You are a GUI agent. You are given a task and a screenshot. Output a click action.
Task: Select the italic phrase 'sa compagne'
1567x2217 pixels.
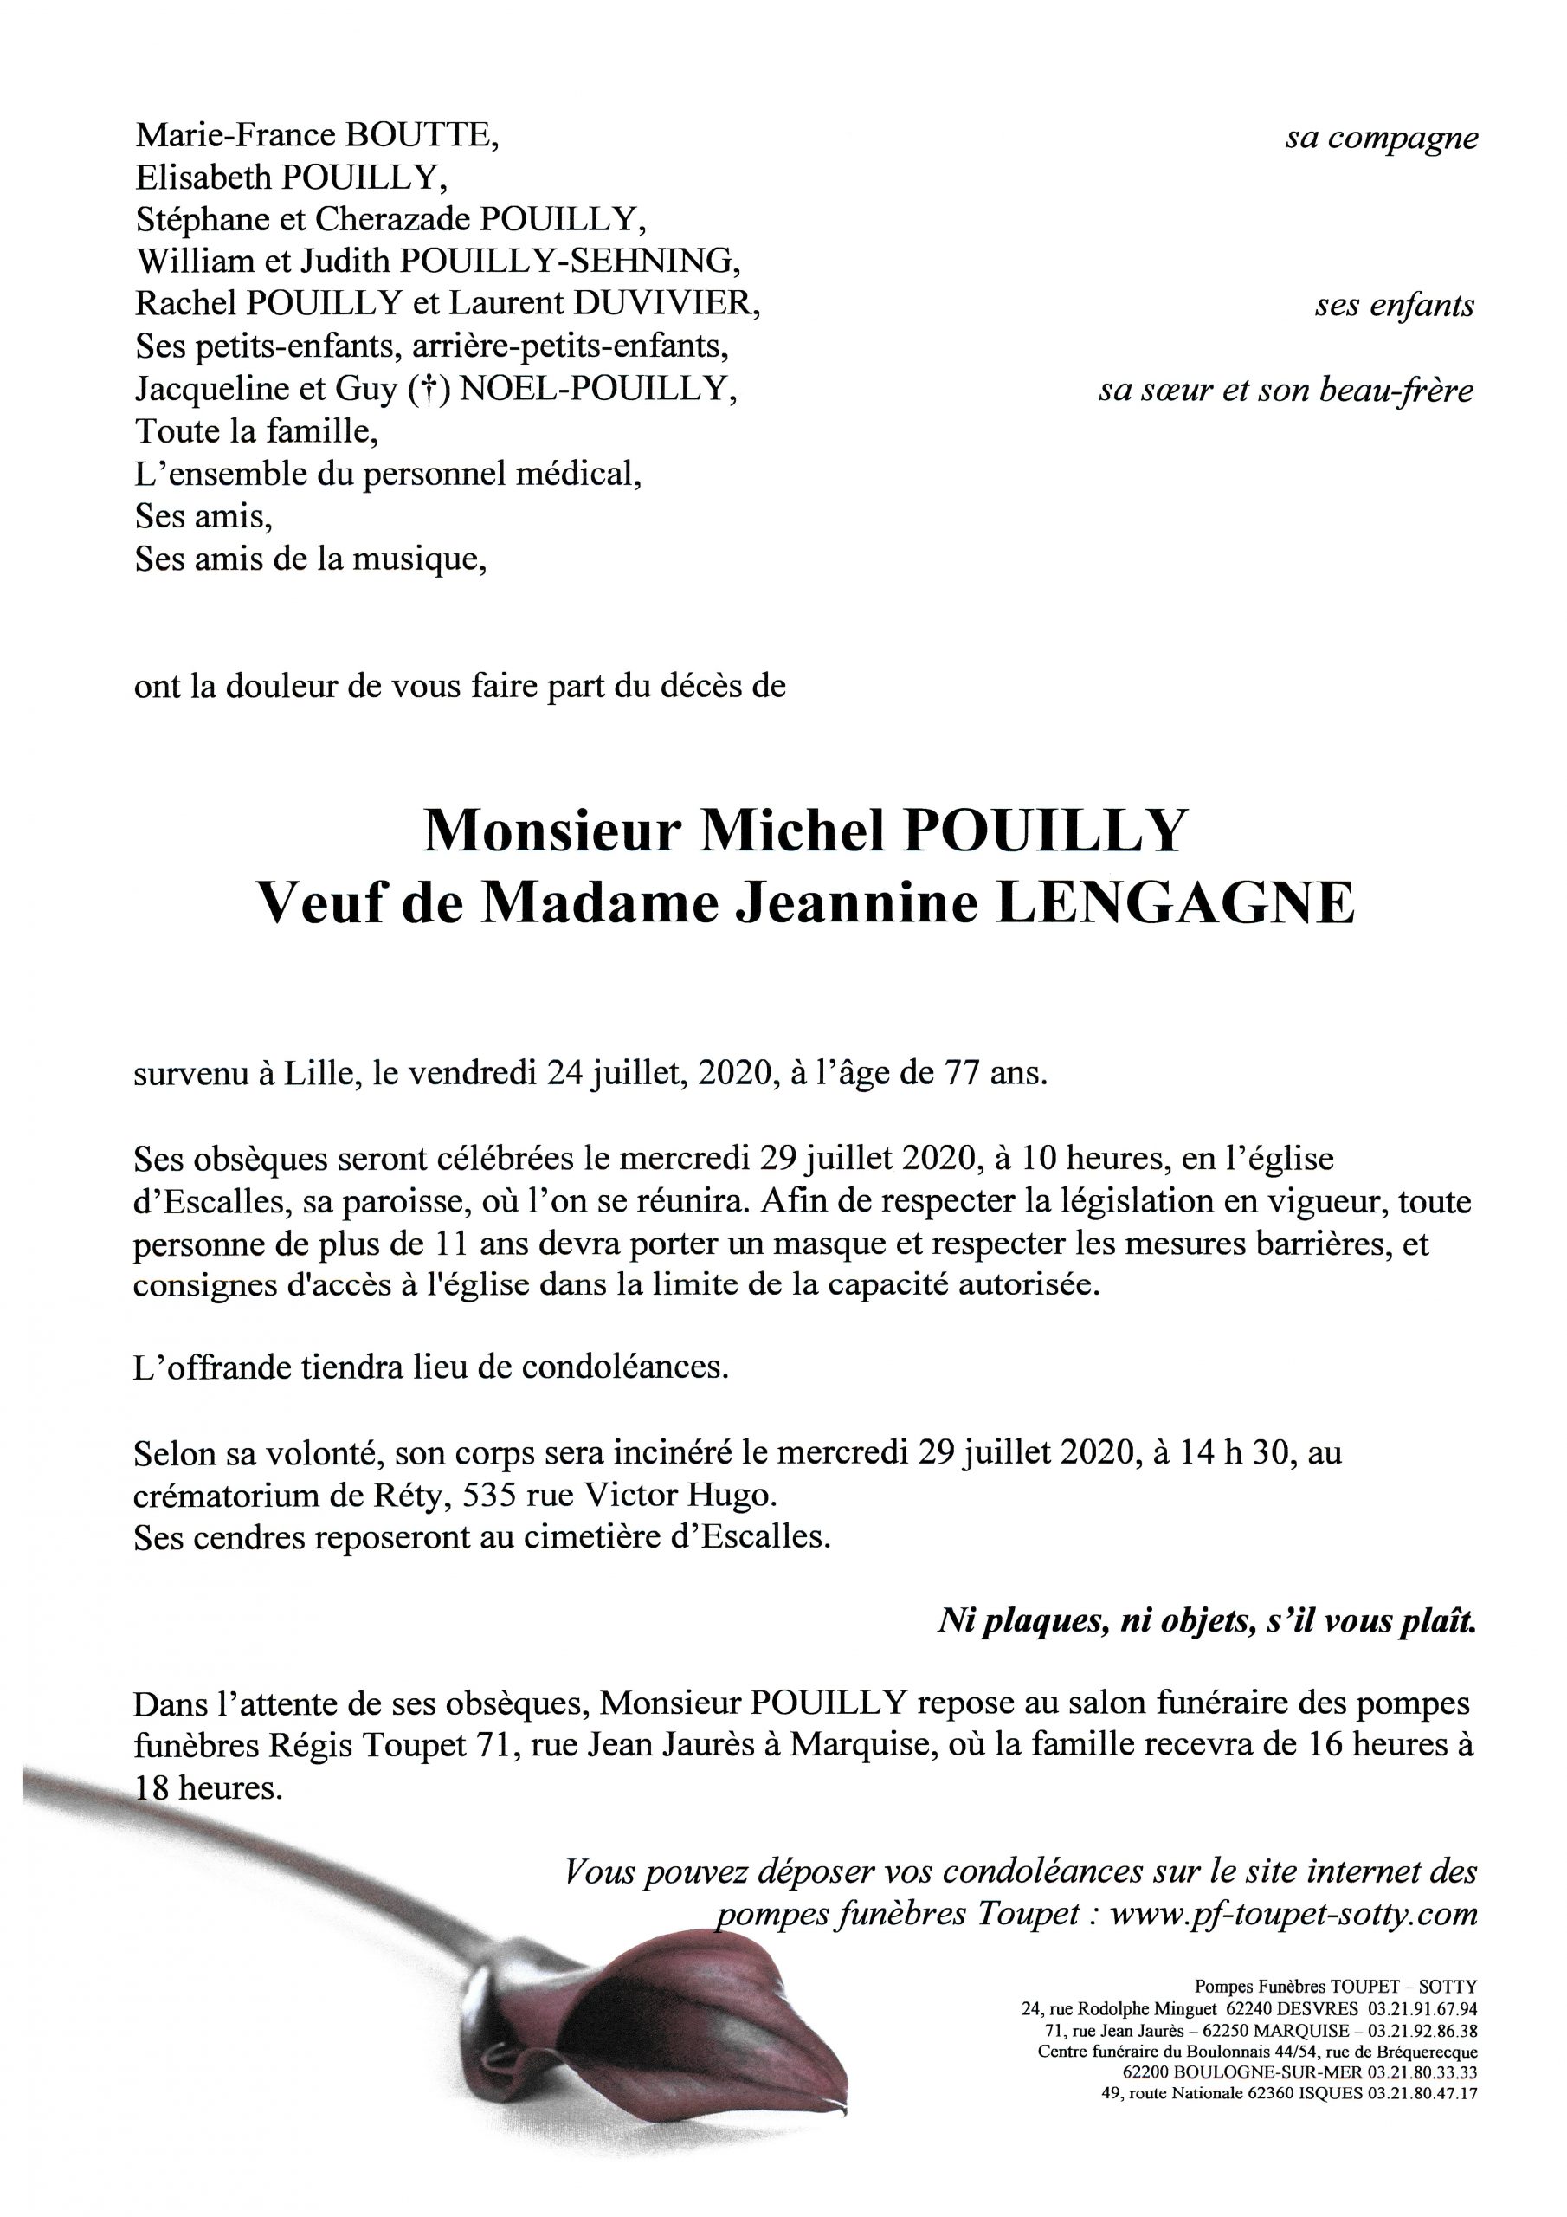click(x=1381, y=138)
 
